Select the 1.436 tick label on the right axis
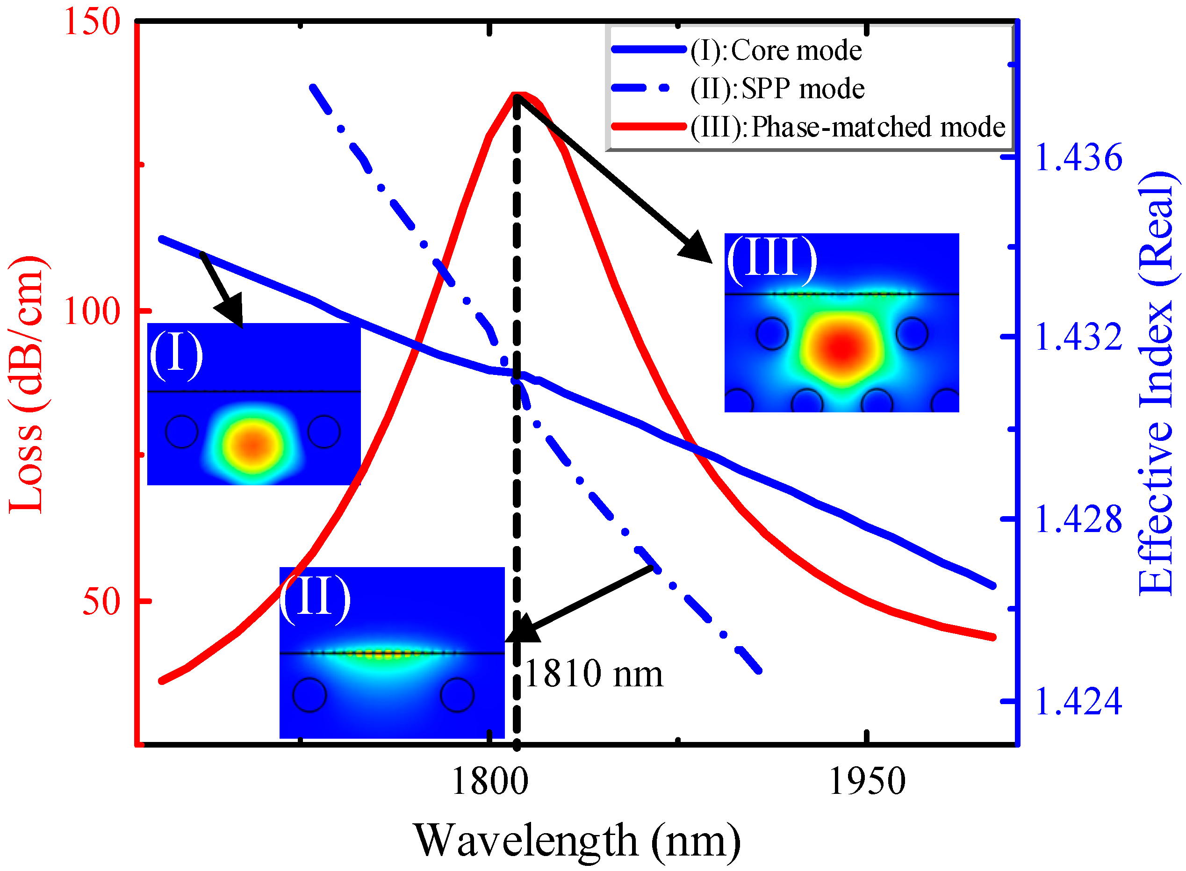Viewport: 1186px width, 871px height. coord(1078,157)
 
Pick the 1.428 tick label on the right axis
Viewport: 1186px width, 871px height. coord(1078,519)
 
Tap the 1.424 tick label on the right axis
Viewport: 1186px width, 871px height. coord(1078,701)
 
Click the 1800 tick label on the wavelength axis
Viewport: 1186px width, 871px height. coord(489,781)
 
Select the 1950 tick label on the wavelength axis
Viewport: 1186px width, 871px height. coord(867,781)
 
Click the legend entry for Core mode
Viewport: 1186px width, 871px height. coord(776,50)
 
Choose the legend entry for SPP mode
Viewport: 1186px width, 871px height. coord(777,88)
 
